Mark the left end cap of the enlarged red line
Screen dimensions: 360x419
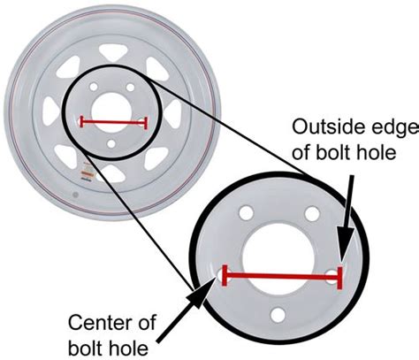click(x=225, y=277)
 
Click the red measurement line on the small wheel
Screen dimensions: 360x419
click(x=113, y=121)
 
